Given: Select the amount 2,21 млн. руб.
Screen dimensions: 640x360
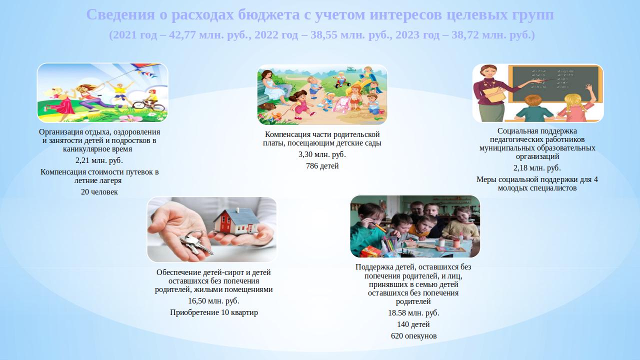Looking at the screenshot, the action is (99, 160).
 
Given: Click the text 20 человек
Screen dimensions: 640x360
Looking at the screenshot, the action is (99, 191).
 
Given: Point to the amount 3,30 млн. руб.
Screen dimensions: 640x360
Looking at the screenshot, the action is (322, 154).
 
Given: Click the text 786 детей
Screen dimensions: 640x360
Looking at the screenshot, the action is (322, 165).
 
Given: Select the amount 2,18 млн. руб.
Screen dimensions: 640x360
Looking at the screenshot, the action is (537, 167).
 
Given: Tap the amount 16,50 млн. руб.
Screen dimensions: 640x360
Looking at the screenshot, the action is (213, 301).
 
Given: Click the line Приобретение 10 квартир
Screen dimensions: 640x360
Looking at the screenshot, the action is (213, 312).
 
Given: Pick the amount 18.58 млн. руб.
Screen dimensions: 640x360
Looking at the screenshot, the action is (413, 313).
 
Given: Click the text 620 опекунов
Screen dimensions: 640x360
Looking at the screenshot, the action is (413, 335).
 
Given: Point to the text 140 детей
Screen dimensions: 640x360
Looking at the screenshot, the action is (413, 324).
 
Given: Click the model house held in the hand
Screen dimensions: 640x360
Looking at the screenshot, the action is (235, 221).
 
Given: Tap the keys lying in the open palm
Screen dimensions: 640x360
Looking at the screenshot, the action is (195, 243).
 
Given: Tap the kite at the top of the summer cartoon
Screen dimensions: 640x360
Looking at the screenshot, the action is (145, 68).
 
